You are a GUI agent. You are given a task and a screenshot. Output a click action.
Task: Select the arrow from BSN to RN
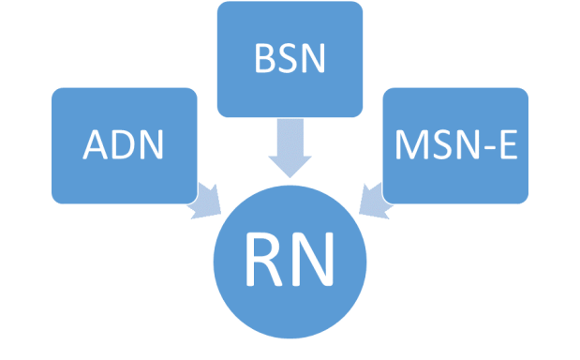pos(290,150)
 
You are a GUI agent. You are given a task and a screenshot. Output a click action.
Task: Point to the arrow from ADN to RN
pos(204,202)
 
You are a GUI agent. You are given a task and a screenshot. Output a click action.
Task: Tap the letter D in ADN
pos(124,146)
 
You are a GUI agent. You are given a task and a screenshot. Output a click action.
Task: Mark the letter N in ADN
pos(152,146)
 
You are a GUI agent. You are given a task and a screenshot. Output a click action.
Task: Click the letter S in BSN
pos(289,59)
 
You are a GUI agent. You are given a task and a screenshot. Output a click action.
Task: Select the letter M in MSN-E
pos(410,146)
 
